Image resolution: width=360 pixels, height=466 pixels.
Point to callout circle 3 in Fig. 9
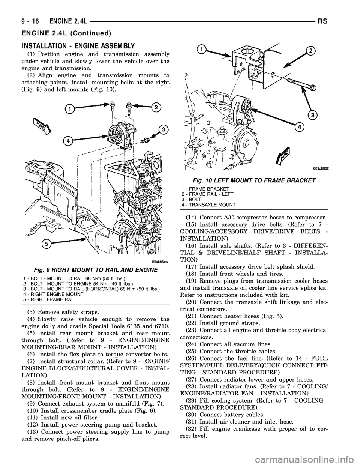[x=162, y=130]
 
